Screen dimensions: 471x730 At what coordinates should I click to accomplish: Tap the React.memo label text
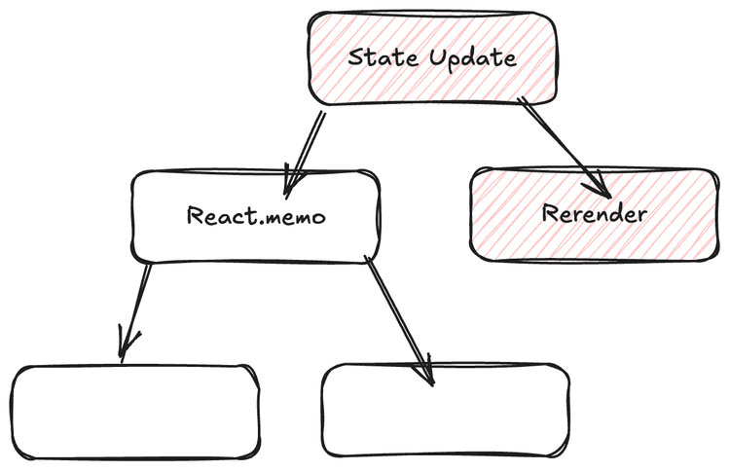click(256, 215)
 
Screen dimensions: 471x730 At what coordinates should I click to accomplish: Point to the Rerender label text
click(593, 214)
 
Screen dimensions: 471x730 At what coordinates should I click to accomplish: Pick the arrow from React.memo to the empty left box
click(136, 307)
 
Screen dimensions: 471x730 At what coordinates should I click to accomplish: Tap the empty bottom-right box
click(444, 411)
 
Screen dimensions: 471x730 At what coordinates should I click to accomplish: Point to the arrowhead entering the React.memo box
click(292, 179)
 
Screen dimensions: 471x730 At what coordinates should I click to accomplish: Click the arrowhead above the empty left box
click(125, 346)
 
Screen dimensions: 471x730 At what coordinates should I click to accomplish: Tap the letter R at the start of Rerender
click(548, 214)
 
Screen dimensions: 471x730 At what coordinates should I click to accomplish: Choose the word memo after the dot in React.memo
click(296, 216)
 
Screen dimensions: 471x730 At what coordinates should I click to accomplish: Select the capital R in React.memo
click(194, 215)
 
